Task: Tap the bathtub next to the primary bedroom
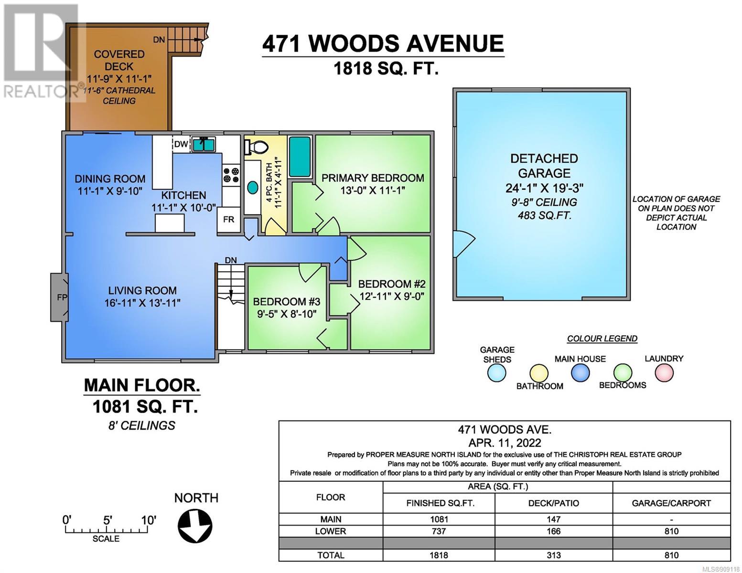(300, 157)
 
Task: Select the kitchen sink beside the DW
(204, 144)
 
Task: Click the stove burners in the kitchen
(231, 175)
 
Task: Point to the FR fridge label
(228, 220)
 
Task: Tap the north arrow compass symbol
(195, 526)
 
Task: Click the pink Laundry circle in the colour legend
(664, 372)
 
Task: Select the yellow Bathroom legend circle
(539, 373)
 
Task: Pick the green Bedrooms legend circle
(623, 372)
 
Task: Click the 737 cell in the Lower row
(439, 531)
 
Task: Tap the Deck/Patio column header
(553, 503)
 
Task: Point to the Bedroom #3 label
(287, 301)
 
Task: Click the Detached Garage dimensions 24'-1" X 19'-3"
(544, 188)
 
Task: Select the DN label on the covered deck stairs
(159, 40)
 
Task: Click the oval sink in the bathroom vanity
(252, 188)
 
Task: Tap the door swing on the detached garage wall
(464, 244)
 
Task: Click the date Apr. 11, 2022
(505, 443)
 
